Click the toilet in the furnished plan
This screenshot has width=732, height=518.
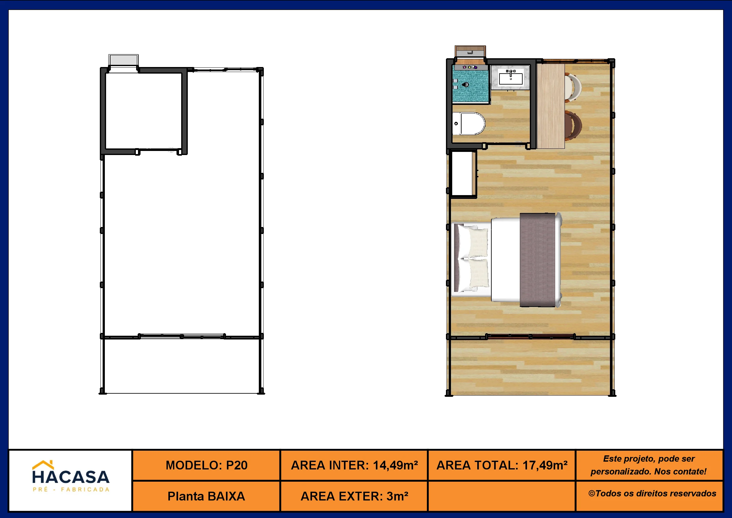[x=469, y=123]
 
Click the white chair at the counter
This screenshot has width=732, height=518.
[x=573, y=87]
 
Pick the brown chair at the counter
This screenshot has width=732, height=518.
[x=573, y=126]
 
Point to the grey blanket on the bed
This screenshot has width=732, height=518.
[x=538, y=260]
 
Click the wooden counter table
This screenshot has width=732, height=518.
[x=550, y=106]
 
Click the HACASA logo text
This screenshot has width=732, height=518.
[x=71, y=477]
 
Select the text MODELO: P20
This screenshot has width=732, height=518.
[x=207, y=465]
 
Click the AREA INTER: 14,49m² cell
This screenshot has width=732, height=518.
[x=354, y=465]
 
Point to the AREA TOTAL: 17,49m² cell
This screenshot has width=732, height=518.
[x=502, y=465]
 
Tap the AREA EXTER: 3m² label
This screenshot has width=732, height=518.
[x=354, y=496]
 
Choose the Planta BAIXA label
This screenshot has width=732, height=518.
[x=206, y=496]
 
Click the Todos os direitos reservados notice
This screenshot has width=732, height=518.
[x=652, y=494]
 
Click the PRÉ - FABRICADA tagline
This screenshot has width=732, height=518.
[x=71, y=490]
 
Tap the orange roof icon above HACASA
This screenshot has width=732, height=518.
[x=43, y=465]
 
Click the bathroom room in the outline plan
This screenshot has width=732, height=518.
[x=143, y=111]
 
